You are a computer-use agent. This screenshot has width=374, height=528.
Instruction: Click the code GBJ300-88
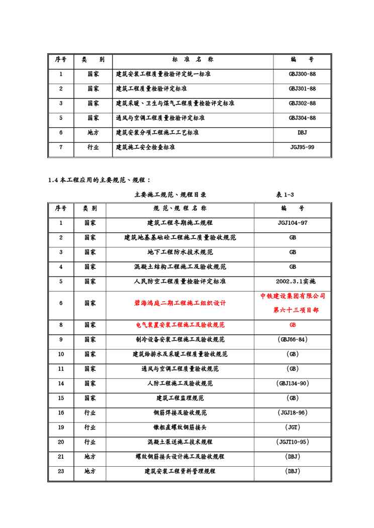point(302,74)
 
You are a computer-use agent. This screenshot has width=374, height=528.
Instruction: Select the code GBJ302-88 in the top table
point(302,103)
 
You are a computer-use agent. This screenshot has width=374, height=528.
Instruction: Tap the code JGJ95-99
point(302,148)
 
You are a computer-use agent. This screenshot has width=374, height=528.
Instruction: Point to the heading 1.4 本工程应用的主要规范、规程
point(99,180)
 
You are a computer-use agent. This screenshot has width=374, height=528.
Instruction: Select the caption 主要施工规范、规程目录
point(170,195)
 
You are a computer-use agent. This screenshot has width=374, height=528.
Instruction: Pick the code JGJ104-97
point(293,223)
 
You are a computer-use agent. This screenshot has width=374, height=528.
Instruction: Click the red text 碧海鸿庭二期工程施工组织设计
point(180,303)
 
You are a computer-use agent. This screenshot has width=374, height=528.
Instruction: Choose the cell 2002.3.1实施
point(293,281)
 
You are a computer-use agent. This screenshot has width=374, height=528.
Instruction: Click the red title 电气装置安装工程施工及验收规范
point(180,325)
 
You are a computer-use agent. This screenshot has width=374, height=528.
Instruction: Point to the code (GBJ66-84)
point(293,340)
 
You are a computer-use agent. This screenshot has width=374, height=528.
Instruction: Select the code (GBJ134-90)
point(293,383)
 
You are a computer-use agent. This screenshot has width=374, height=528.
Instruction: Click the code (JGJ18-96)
point(293,413)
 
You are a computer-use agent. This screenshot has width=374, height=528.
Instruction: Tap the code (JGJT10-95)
point(293,442)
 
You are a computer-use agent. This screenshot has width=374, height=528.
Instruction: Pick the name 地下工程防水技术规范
point(180,252)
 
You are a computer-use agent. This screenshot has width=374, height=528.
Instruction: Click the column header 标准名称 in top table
point(193,59)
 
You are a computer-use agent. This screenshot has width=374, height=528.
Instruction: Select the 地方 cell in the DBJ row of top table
point(93,133)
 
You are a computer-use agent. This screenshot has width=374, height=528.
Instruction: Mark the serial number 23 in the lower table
point(61,471)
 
